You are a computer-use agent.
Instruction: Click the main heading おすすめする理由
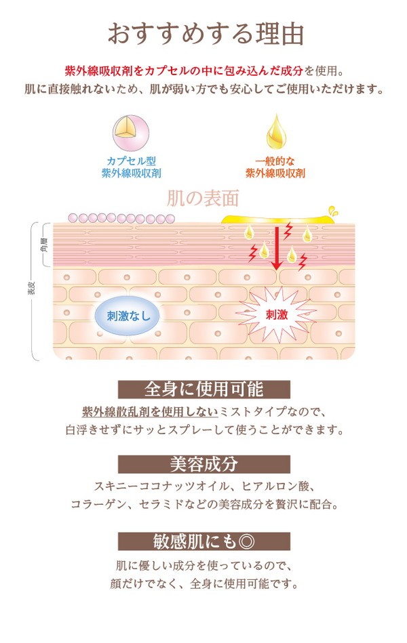[206, 34]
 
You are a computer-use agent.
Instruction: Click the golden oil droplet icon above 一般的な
[275, 132]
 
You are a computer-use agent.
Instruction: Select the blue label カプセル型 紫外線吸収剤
[131, 167]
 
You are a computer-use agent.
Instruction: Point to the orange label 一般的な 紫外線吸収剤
[275, 167]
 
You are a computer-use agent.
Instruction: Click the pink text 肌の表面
[203, 198]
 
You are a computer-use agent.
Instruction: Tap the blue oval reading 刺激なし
[128, 316]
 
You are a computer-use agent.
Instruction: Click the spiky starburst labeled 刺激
[276, 314]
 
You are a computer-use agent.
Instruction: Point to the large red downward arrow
[277, 248]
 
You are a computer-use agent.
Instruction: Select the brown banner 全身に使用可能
[203, 389]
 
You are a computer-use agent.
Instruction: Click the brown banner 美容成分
[203, 464]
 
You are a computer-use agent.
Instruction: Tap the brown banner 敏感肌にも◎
[203, 541]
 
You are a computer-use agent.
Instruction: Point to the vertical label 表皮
[32, 288]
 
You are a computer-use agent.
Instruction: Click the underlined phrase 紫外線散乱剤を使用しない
[150, 412]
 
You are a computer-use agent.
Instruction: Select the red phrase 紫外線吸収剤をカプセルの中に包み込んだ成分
[184, 71]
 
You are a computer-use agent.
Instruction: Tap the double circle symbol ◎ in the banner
[246, 542]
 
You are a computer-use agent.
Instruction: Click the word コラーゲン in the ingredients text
[96, 504]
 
